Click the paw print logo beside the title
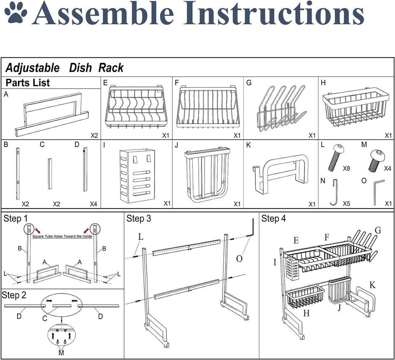tap(15, 13)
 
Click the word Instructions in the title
tap(274, 13)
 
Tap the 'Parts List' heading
tap(28, 83)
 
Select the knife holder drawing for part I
tap(137, 175)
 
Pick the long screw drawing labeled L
tap(336, 158)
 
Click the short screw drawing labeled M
tap(376, 160)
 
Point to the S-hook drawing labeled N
tap(334, 192)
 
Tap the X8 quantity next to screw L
tap(346, 168)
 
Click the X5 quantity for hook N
tap(346, 203)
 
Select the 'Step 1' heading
tap(15, 219)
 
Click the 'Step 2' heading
tap(14, 295)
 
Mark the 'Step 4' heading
tap(274, 219)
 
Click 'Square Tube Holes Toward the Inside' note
tap(62, 236)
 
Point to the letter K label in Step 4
tap(372, 285)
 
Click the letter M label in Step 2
tap(61, 353)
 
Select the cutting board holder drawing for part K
tap(280, 174)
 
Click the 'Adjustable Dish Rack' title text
tap(65, 68)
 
